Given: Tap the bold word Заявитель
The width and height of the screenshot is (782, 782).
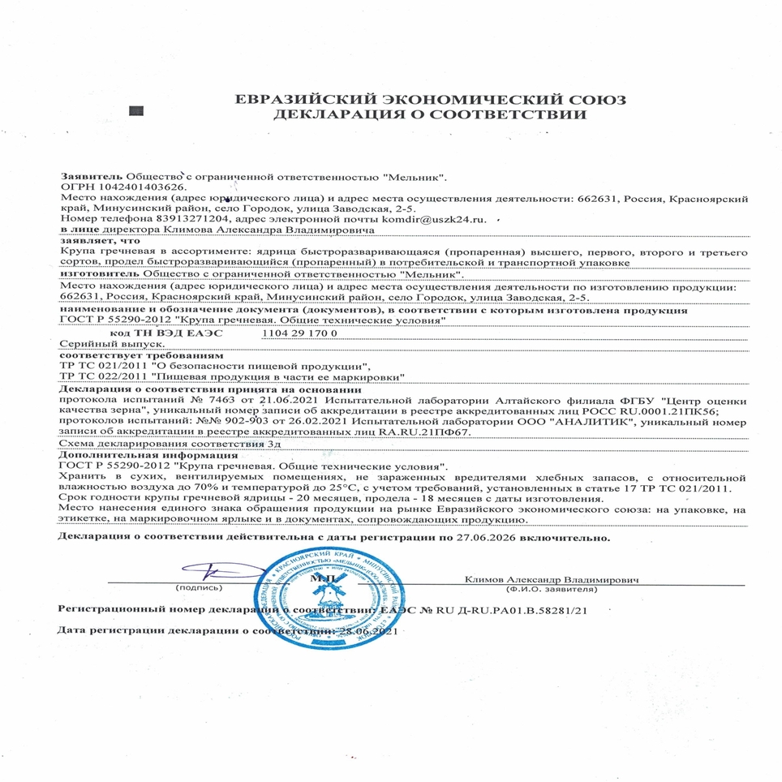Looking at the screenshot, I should [x=91, y=176].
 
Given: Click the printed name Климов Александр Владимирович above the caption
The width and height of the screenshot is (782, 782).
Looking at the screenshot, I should [x=552, y=580].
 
